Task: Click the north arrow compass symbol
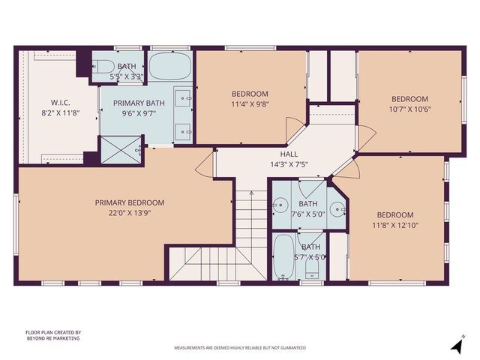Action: click(x=454, y=346)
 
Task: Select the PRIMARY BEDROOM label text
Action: click(x=129, y=202)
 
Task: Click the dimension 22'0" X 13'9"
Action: click(x=129, y=213)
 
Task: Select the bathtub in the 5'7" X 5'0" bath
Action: click(x=283, y=257)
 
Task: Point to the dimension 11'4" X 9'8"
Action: click(x=250, y=105)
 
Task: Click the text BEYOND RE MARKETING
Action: click(x=52, y=339)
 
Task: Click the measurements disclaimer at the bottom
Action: click(x=239, y=349)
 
